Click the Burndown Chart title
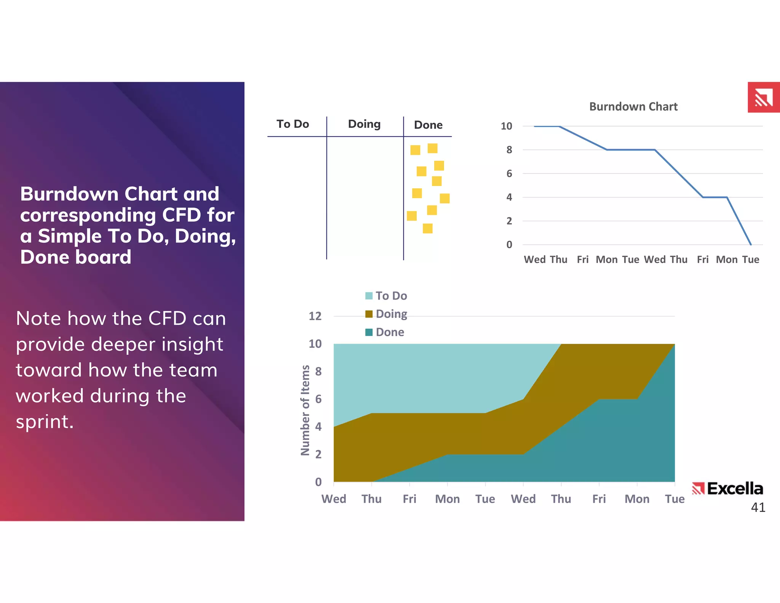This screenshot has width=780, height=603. pos(633,106)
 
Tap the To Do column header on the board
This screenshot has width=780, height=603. pos(292,124)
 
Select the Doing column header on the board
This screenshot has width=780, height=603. pos(364,124)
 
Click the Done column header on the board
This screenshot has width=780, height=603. pos(428,125)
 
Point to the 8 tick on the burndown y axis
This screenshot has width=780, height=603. pos(509,150)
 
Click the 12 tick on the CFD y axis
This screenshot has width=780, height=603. pos(315,316)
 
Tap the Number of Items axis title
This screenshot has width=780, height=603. pos(305,410)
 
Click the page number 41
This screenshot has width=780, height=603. pos(758,507)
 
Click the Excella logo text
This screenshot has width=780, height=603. pos(735,489)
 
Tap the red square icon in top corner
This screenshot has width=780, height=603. pos(763,97)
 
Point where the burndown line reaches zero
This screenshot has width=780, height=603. pos(751,244)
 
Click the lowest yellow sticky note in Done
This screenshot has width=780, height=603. pos(427,228)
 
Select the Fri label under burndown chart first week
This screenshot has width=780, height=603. pos(582,260)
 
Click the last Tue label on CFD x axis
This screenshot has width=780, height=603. pos(675,499)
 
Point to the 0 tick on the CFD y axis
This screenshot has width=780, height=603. pos(318,482)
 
